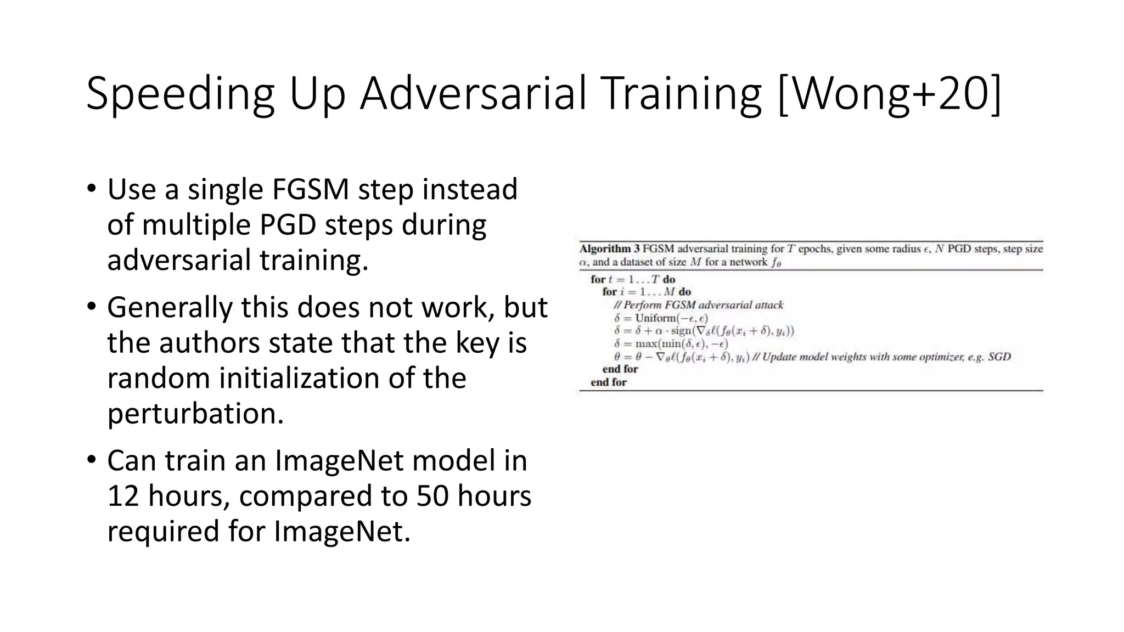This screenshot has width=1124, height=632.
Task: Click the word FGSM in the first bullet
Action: [x=311, y=189]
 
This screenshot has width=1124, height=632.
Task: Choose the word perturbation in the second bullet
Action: [x=195, y=413]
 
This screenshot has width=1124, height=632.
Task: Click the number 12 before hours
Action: [x=123, y=496]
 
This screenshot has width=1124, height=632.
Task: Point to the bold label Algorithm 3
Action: [x=610, y=249]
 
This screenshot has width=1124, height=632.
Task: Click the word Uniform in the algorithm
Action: [x=656, y=318]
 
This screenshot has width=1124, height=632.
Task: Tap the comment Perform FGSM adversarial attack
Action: [x=703, y=305]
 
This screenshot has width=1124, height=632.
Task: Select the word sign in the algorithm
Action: [x=681, y=331]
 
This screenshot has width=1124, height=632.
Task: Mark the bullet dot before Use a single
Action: [x=91, y=189]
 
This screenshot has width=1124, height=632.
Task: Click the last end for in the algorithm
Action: [x=609, y=382]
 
